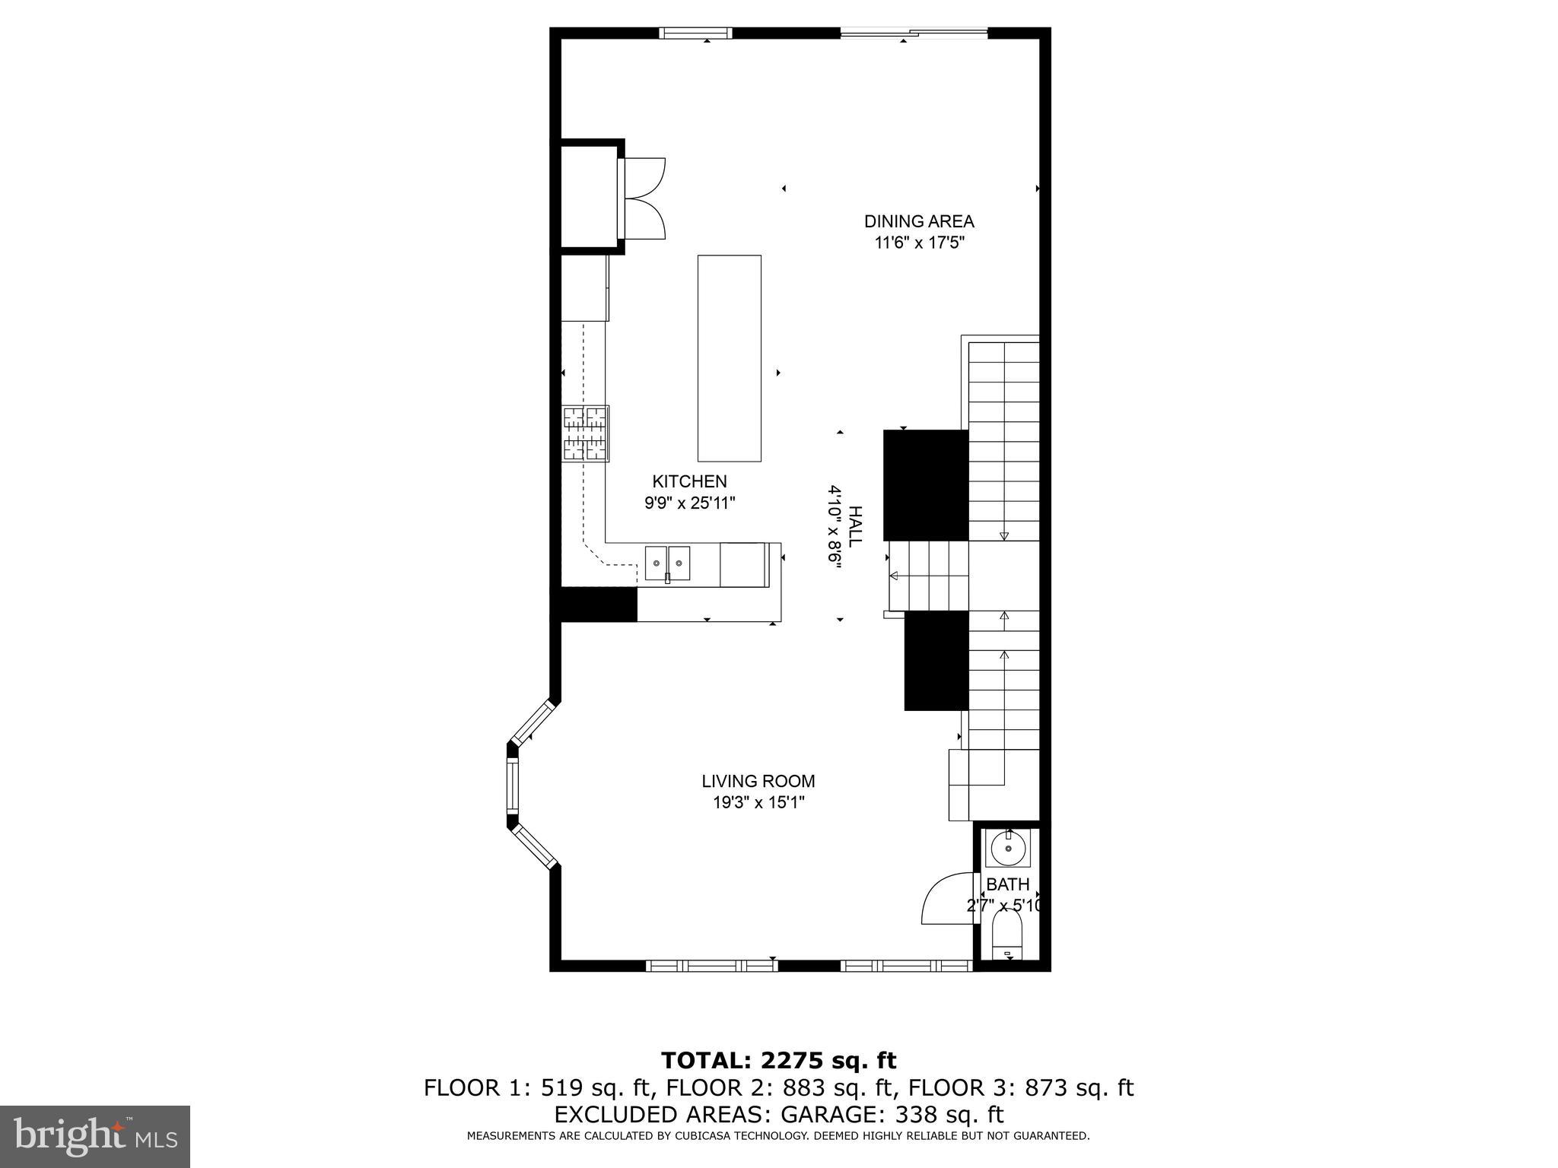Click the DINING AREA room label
point(918,221)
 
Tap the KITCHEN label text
point(689,481)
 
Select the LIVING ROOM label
point(758,781)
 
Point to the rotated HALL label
point(855,526)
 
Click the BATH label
point(1007,884)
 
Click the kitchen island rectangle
point(729,358)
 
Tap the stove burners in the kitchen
point(585,434)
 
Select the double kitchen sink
point(667,563)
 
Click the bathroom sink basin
point(1008,849)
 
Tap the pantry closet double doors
point(644,198)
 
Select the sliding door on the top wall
point(913,33)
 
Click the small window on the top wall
point(695,33)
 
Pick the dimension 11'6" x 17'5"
point(919,243)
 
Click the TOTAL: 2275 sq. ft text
point(778,1060)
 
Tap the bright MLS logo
point(95,1136)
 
